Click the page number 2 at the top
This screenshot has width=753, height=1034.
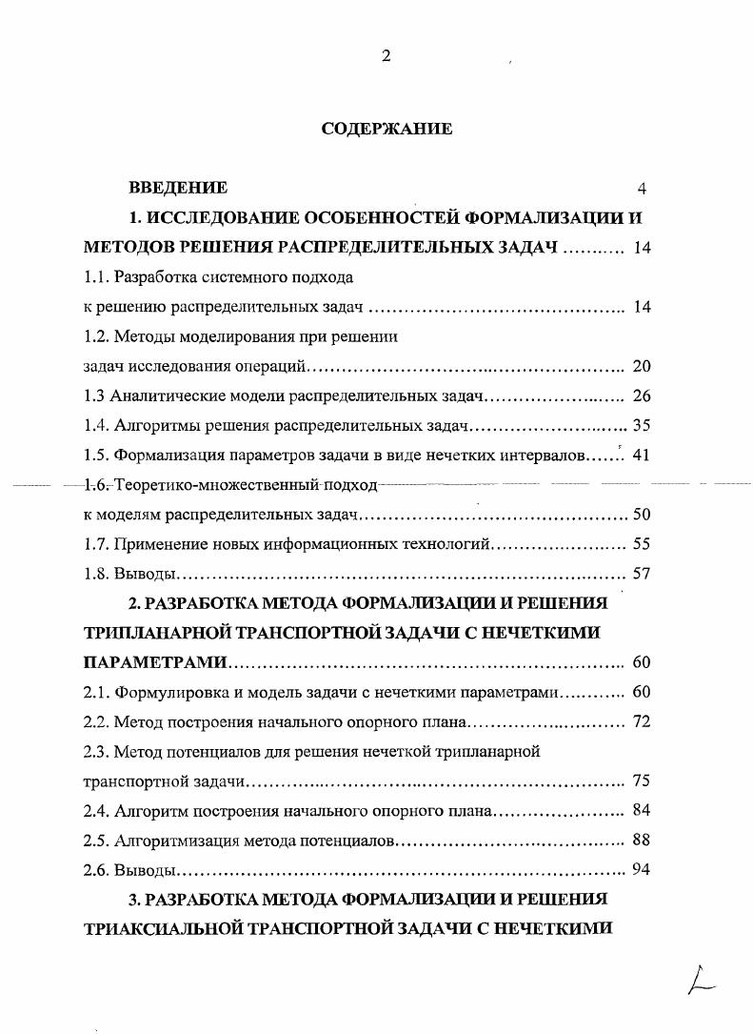(x=386, y=56)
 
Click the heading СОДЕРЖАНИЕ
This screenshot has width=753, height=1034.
(x=386, y=129)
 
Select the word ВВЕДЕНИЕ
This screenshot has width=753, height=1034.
(x=178, y=188)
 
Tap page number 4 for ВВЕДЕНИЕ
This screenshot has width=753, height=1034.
(x=641, y=189)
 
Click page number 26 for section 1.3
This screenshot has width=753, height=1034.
(x=641, y=396)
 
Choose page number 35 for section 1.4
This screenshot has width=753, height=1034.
(x=641, y=426)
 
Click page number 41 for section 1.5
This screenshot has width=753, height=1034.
(x=641, y=456)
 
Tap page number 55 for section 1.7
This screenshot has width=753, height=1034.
(x=641, y=544)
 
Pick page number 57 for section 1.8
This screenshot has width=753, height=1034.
(x=641, y=575)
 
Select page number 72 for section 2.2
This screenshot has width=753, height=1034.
(x=641, y=721)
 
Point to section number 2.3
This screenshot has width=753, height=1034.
(x=96, y=751)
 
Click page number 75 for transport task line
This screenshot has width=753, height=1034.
(x=641, y=781)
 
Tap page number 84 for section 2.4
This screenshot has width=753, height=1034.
(x=641, y=811)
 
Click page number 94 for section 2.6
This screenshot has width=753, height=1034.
(x=641, y=870)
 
